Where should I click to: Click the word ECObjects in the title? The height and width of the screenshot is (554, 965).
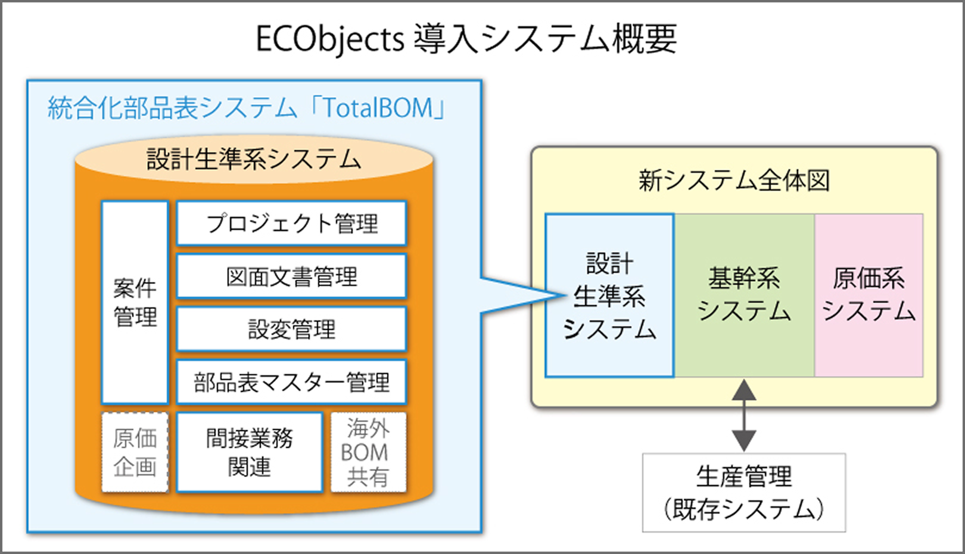tap(330, 39)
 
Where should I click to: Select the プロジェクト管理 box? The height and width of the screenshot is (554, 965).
tap(291, 223)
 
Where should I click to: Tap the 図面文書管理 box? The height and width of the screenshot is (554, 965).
tap(291, 276)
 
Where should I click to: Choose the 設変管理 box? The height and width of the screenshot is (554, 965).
tap(291, 329)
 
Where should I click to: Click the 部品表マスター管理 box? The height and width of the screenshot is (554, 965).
tap(291, 382)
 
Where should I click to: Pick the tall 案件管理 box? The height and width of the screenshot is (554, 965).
tap(135, 303)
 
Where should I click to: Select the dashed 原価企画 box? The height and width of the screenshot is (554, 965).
tap(135, 453)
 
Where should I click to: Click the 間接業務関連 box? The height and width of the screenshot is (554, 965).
tap(250, 453)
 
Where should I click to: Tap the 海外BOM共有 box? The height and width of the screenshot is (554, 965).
tap(368, 453)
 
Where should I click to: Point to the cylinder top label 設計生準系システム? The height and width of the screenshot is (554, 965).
tap(254, 159)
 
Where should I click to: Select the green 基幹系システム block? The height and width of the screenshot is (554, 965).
tap(744, 295)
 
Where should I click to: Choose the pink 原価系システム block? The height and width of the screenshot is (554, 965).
tap(868, 295)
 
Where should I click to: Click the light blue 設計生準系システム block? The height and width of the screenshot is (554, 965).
tap(609, 295)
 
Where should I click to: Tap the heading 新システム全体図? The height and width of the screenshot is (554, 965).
tap(734, 180)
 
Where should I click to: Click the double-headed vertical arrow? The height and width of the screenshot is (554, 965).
tap(744, 415)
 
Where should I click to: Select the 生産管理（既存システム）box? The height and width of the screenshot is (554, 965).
tap(743, 493)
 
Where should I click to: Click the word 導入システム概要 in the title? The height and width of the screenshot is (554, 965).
tap(544, 39)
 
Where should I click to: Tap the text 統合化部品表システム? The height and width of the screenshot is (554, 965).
tap(173, 108)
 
